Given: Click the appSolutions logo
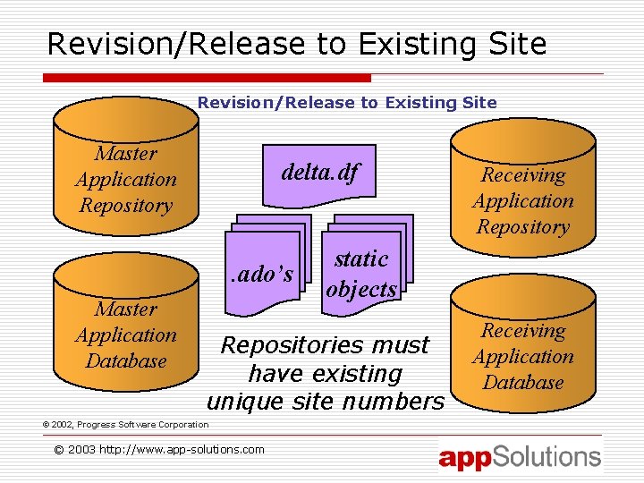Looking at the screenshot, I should [x=520, y=457].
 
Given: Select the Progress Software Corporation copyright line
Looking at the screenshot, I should [x=125, y=424].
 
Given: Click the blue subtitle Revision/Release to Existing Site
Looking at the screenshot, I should [x=347, y=103].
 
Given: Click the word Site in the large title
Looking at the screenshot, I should [x=518, y=44].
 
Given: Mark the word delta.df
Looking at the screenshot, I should [x=319, y=171].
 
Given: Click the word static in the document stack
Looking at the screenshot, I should [x=360, y=259].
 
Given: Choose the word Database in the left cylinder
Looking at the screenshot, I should [x=126, y=360].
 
